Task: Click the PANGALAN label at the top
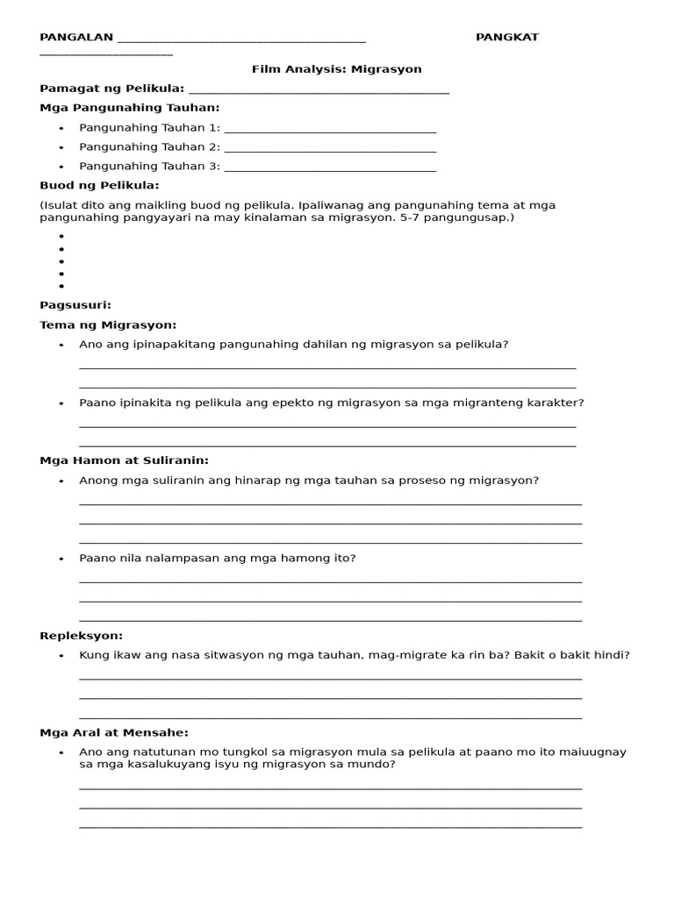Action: tap(76, 37)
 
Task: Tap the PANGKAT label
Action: tap(507, 37)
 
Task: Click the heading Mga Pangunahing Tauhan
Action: tap(130, 108)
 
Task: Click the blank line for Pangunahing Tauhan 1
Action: tap(330, 129)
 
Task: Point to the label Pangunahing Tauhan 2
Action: tap(149, 147)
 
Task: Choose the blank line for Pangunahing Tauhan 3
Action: tap(330, 167)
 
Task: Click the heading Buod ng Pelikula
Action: tap(99, 185)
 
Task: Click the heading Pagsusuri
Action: tap(75, 305)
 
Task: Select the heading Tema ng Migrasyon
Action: tap(108, 325)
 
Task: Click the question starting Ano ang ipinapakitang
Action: tap(293, 345)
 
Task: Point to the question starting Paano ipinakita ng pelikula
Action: tap(331, 403)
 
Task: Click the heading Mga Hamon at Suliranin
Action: tap(124, 460)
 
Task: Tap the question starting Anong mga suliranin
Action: tap(308, 481)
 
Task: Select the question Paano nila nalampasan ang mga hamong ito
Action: tap(217, 558)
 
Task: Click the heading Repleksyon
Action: tap(82, 636)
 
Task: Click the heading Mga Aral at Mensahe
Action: tap(114, 733)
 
